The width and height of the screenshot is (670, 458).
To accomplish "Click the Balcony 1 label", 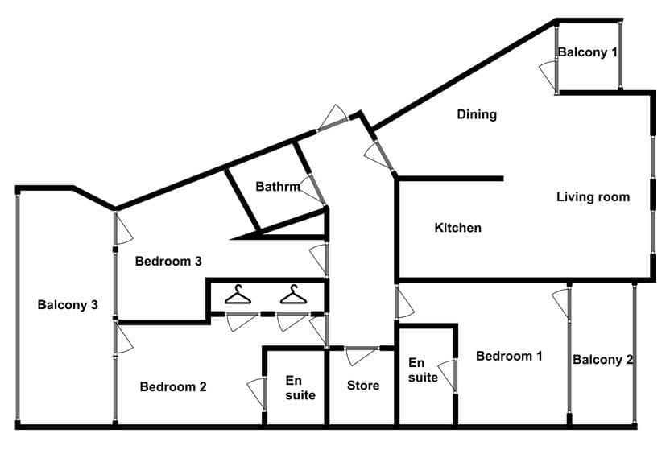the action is (588, 52).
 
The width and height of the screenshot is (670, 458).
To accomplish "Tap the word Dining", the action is (477, 114).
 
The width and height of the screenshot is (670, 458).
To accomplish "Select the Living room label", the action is (593, 197).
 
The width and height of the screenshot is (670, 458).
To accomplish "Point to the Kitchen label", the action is (457, 228).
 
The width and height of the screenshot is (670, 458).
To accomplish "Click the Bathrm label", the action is (278, 187).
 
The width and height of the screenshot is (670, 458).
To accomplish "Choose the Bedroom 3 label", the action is (168, 261).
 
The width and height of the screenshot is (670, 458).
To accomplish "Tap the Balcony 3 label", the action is (68, 305).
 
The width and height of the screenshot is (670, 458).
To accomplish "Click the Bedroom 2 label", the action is (173, 386).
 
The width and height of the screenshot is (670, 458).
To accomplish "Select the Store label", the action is (363, 386).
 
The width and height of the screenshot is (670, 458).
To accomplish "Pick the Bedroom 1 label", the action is (509, 356).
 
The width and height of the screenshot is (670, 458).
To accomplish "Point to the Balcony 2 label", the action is (602, 360).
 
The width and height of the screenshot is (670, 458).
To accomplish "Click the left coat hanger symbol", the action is (238, 295).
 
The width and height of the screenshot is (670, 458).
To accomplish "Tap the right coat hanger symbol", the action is (294, 295).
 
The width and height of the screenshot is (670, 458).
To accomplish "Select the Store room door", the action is (361, 357).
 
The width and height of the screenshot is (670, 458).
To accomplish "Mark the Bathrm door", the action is (312, 189).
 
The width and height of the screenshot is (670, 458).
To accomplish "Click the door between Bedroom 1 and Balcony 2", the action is (561, 304).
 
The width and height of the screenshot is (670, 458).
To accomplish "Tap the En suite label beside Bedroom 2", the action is (300, 388).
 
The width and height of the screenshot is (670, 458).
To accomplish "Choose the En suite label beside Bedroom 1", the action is (423, 370).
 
